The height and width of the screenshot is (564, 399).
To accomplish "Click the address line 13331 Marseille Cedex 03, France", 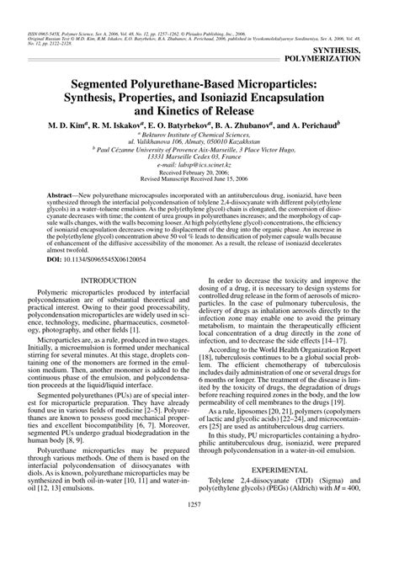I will tap(199, 156).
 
